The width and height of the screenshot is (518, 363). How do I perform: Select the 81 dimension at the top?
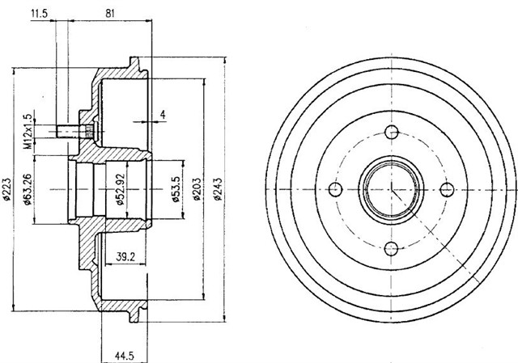pyautogui.click(x=110, y=13)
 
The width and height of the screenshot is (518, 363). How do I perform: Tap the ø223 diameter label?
pyautogui.click(x=7, y=189)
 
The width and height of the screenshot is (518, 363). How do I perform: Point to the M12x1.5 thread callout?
pyautogui.click(x=28, y=131)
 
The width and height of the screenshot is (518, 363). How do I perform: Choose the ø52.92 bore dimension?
pyautogui.click(x=120, y=189)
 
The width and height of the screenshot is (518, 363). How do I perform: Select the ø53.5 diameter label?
pyautogui.click(x=176, y=189)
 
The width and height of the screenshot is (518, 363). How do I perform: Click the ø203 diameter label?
pyautogui.click(x=197, y=189)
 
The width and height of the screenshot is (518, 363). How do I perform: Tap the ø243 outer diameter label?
pyautogui.click(x=217, y=189)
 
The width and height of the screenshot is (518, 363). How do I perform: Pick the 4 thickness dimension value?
pyautogui.click(x=163, y=115)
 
